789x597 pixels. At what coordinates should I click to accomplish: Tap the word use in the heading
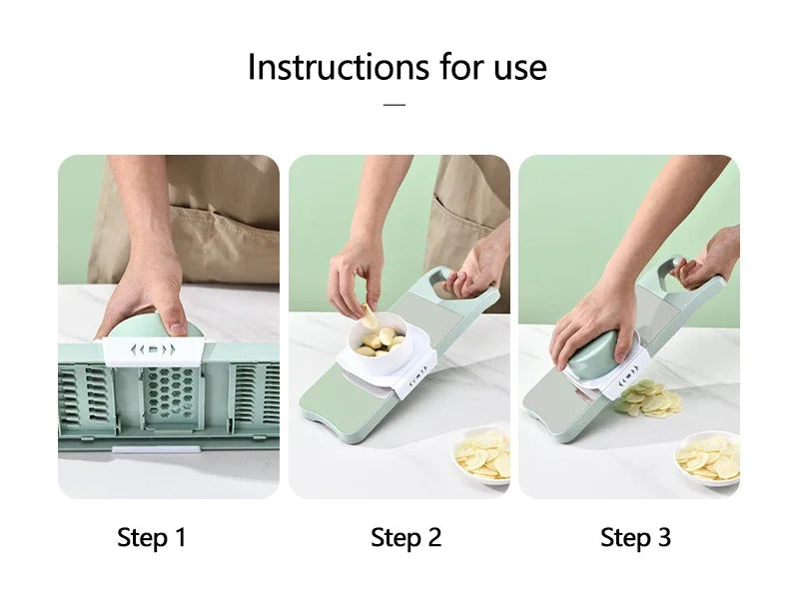[515, 67]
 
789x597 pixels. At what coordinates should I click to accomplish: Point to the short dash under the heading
[394, 103]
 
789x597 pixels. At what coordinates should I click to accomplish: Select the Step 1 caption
[152, 538]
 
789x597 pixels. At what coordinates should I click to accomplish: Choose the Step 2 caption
[405, 538]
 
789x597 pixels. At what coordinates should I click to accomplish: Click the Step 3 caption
[635, 538]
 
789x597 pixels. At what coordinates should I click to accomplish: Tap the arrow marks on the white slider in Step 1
[154, 349]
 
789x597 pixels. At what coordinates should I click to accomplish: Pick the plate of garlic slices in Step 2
[482, 455]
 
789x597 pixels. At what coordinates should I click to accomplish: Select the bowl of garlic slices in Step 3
[708, 458]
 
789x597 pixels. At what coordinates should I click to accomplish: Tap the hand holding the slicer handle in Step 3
[710, 259]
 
